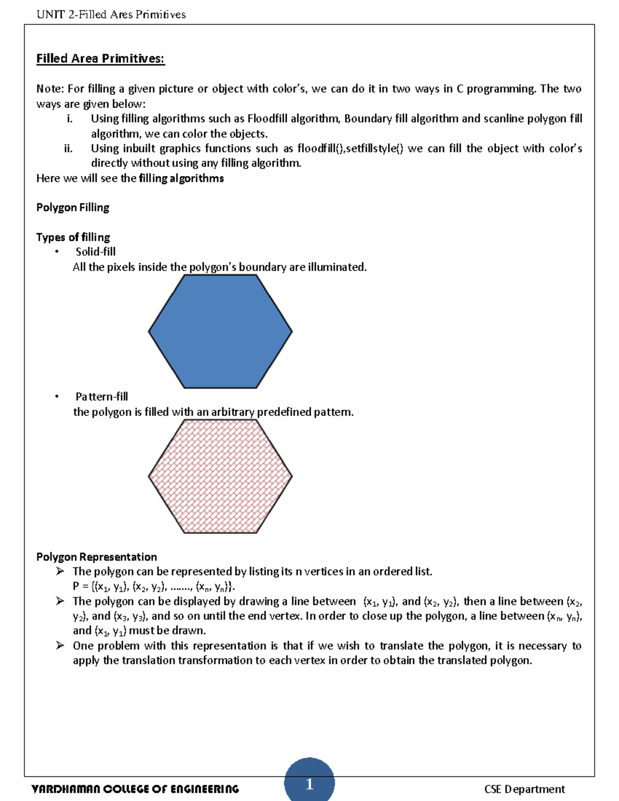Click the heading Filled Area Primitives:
click(100, 59)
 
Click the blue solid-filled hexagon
click(220, 331)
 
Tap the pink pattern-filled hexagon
click(220, 476)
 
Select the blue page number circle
click(309, 781)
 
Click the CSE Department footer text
click(524, 789)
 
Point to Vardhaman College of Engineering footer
click(135, 789)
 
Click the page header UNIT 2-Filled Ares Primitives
click(111, 14)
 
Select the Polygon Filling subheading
click(73, 207)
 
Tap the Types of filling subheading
click(73, 237)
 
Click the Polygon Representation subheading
click(96, 557)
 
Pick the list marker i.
click(69, 119)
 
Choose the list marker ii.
click(68, 149)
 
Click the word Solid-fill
click(95, 252)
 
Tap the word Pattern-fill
click(102, 397)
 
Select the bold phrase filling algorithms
click(181, 178)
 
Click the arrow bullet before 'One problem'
click(60, 645)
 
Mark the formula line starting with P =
click(154, 586)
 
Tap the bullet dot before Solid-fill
click(57, 252)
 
